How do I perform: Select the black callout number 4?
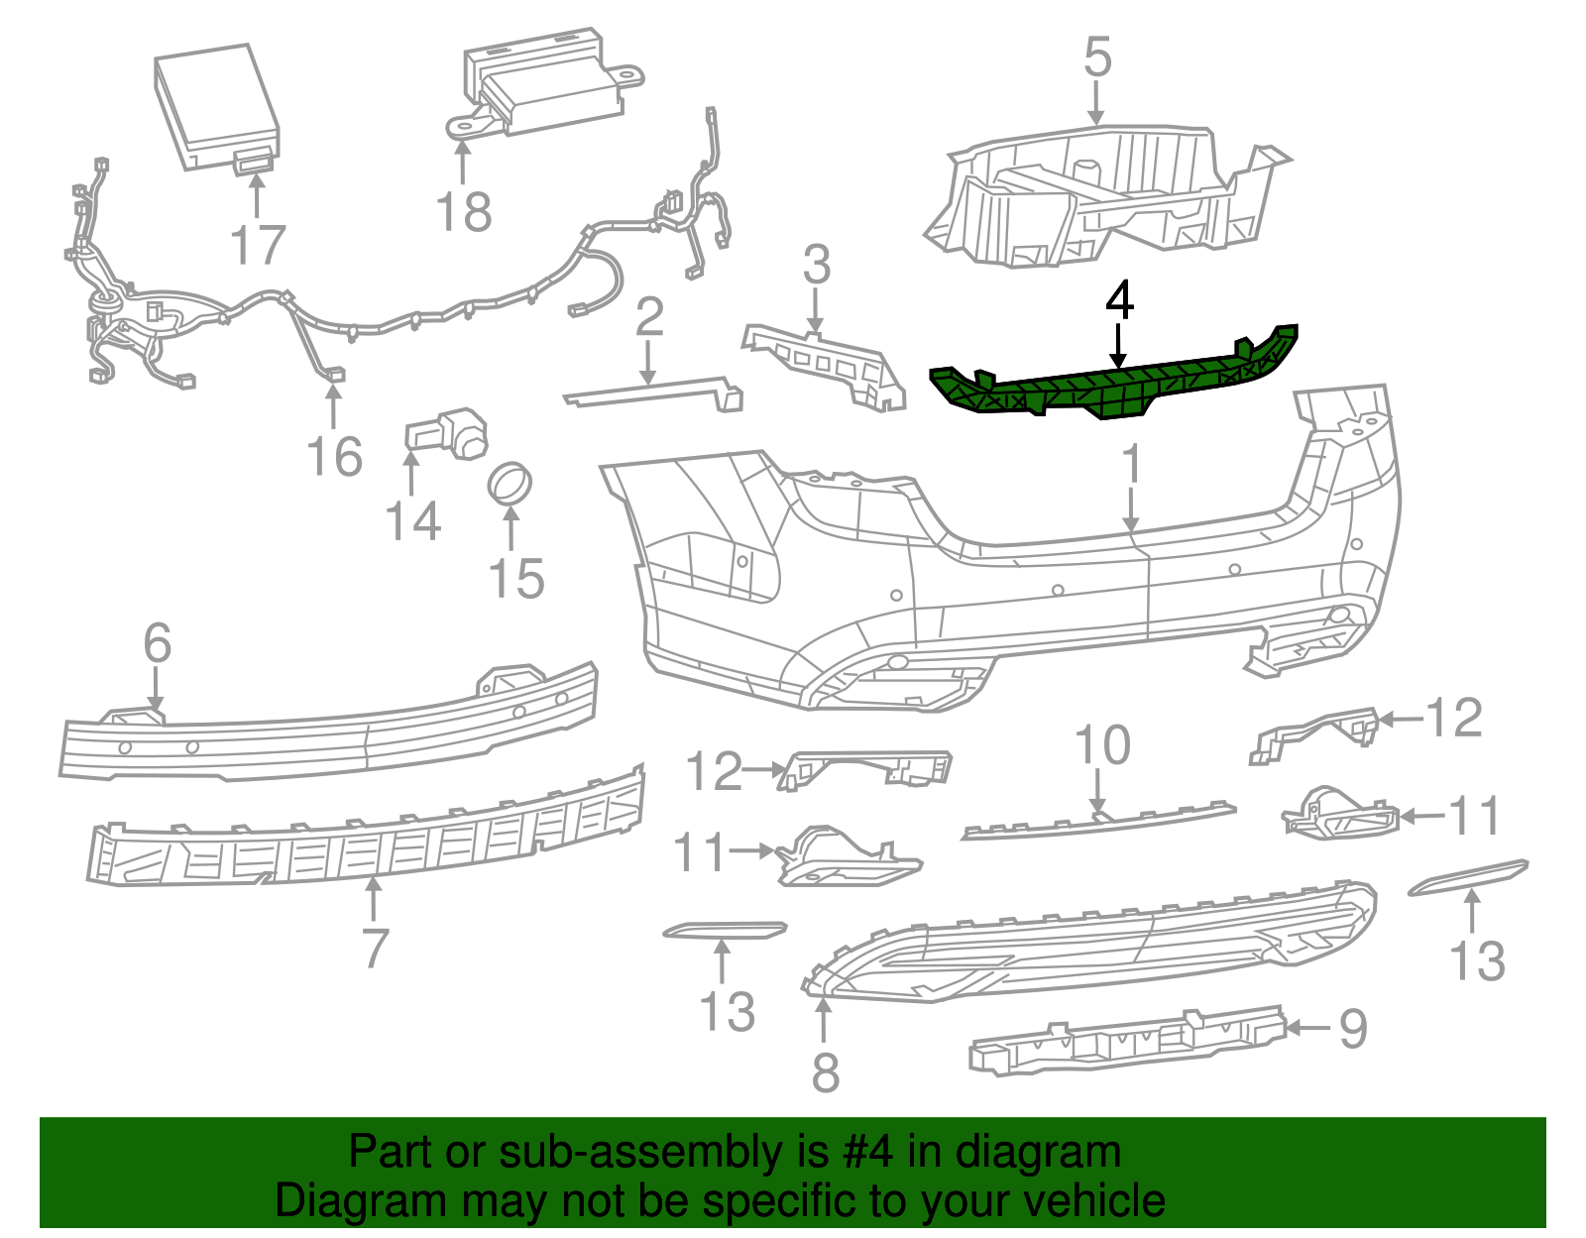(1119, 300)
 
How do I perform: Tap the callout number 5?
(1097, 57)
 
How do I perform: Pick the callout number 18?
(463, 211)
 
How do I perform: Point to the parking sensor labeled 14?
(446, 432)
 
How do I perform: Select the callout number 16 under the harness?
(335, 456)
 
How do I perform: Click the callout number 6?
(158, 643)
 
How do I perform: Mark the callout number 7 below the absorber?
(374, 948)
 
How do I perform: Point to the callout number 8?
(825, 1071)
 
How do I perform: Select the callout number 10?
(1102, 744)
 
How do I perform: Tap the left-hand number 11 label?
(700, 851)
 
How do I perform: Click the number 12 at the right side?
(1453, 718)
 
